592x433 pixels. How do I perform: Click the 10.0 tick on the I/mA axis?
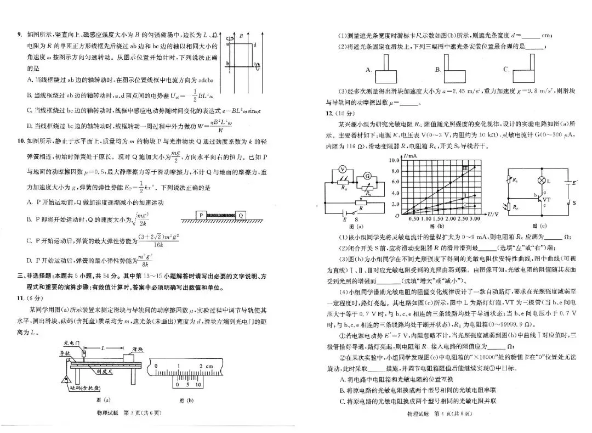(x=394, y=160)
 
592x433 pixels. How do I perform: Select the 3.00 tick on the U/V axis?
(x=478, y=218)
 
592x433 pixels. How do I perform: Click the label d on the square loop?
(x=255, y=45)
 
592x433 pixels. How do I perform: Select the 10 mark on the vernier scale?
(x=199, y=385)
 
